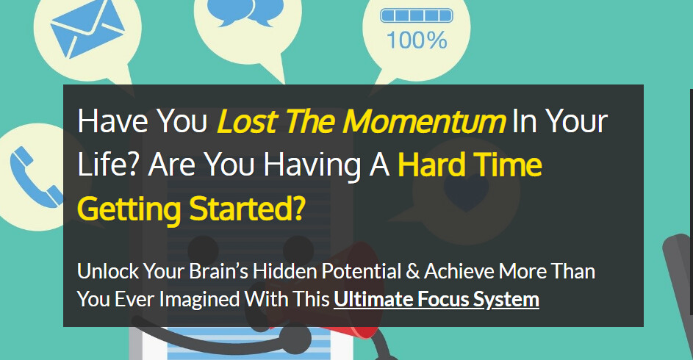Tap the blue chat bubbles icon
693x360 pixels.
click(245, 12)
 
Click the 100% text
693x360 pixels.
click(417, 40)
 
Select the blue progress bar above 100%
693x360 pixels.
click(417, 15)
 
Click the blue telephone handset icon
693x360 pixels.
click(36, 176)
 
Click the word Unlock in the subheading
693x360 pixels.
click(108, 271)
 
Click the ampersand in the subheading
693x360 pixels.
click(413, 272)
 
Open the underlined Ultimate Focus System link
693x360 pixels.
click(437, 300)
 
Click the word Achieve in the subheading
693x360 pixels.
click(459, 271)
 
